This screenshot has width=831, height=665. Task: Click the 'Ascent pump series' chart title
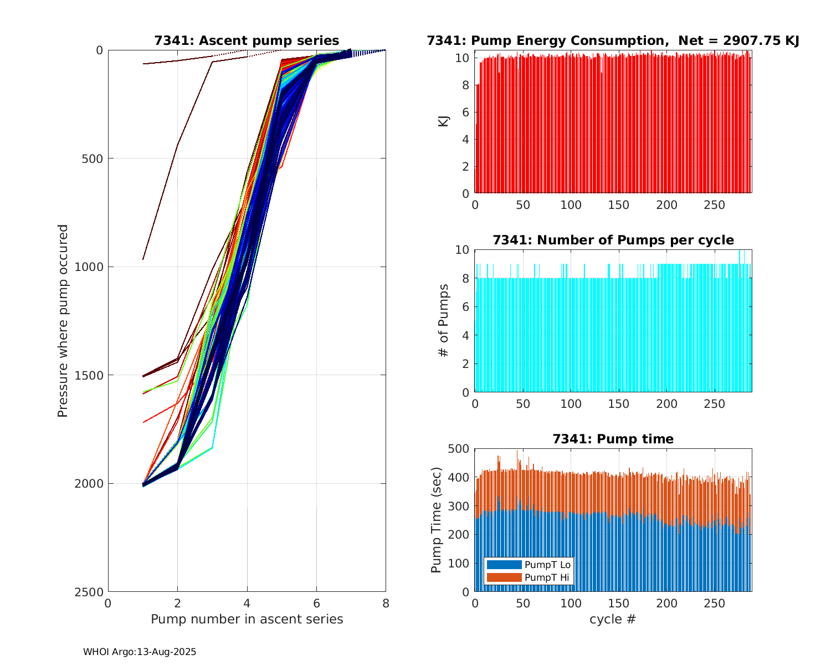247,40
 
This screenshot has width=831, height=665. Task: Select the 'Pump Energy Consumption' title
613,40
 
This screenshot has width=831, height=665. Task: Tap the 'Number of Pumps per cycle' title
613,240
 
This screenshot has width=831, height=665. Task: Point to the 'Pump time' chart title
613,439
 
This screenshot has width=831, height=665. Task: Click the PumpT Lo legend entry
529,565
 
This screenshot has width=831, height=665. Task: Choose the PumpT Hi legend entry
529,577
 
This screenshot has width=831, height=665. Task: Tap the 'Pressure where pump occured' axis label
63,321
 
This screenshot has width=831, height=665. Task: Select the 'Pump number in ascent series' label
247,619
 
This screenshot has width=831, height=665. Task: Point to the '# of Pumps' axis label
444,320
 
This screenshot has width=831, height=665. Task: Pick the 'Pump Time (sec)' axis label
437,520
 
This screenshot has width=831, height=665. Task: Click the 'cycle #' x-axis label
613,619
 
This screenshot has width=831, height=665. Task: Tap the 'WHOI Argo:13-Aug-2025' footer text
140,652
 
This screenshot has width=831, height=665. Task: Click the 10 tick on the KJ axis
464,58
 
